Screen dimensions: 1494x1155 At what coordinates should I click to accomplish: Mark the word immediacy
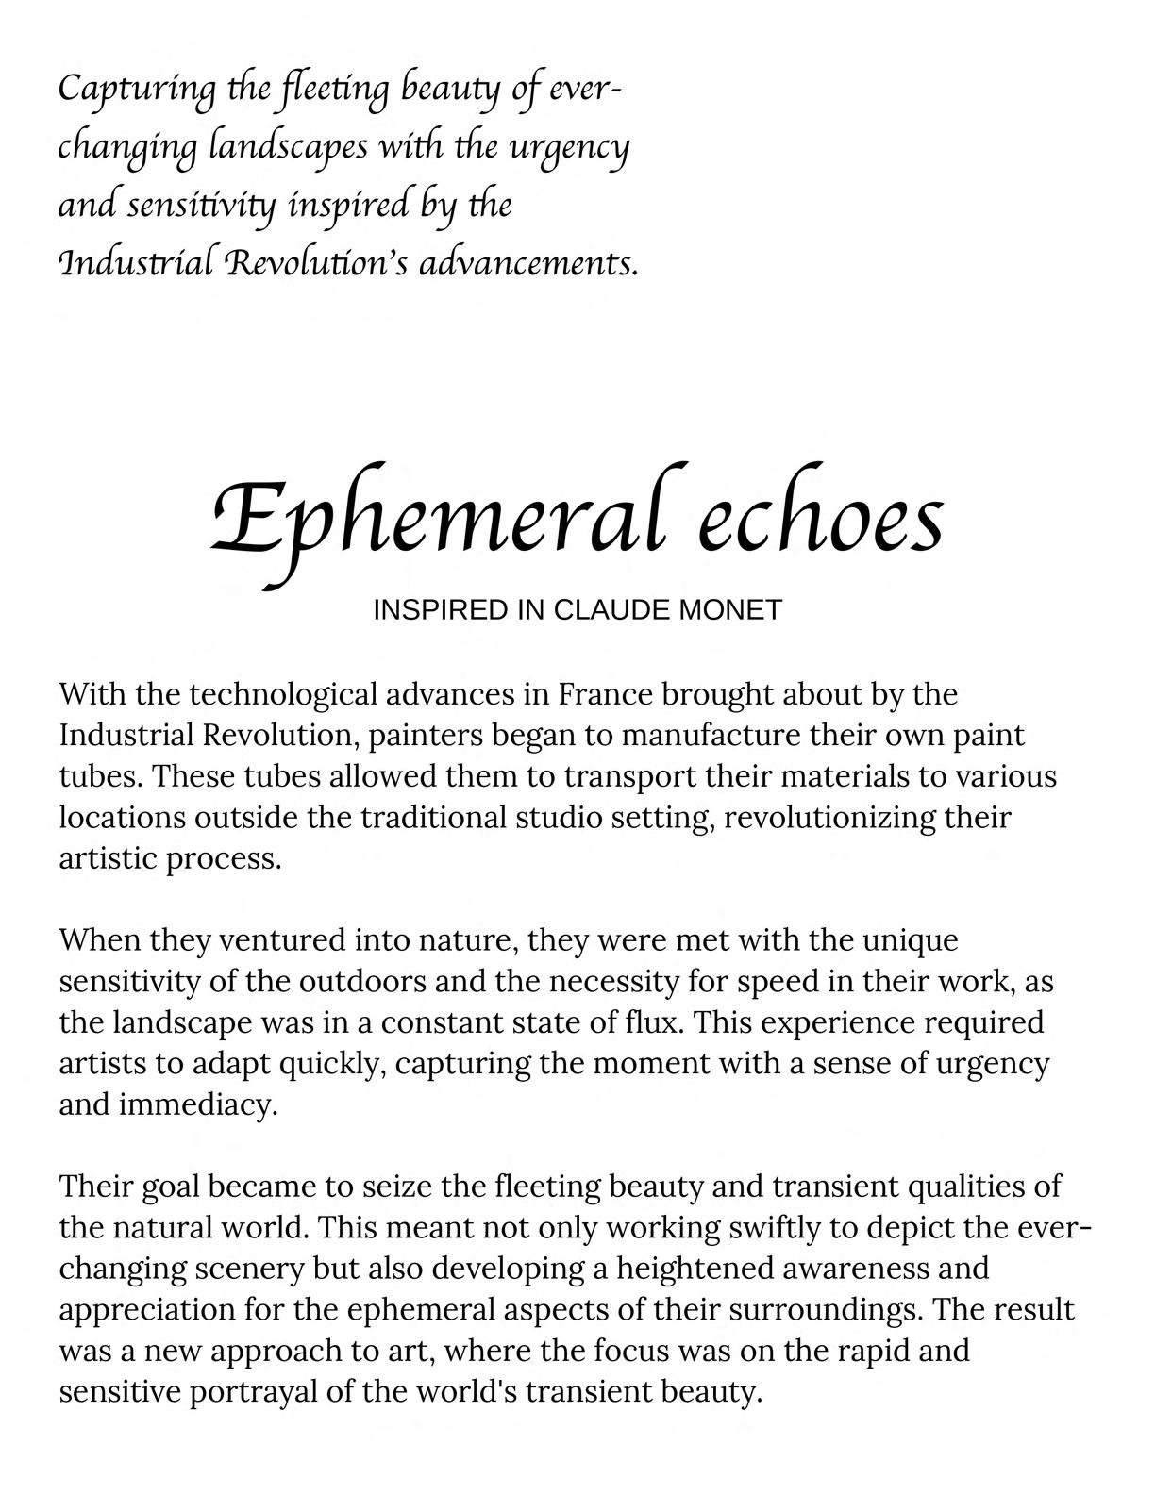click(x=198, y=1104)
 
